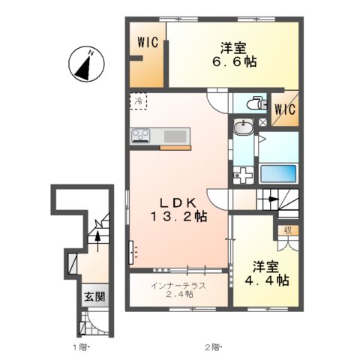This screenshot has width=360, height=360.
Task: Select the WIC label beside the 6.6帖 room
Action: click(x=147, y=43)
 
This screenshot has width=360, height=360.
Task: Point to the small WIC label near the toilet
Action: click(x=285, y=109)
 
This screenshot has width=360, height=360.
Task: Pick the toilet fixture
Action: click(x=253, y=103)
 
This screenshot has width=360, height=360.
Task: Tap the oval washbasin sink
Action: click(x=243, y=128)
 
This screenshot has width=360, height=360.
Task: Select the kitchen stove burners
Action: click(x=142, y=136)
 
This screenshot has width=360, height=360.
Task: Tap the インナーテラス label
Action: click(x=178, y=285)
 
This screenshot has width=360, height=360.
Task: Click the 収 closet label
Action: click(x=287, y=231)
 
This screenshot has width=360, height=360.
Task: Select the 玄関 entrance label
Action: click(x=94, y=295)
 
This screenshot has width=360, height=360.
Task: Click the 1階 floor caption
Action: click(x=82, y=346)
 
